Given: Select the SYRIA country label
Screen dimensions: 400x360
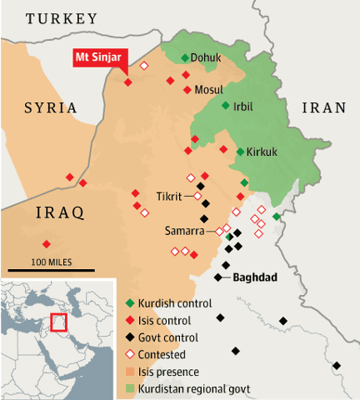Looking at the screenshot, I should click(x=50, y=107).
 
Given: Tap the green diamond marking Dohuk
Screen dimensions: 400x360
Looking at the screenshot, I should click(x=185, y=57).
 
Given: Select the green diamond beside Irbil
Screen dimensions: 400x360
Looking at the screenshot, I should click(x=225, y=105).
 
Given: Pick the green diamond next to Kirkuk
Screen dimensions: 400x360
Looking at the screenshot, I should click(x=240, y=152).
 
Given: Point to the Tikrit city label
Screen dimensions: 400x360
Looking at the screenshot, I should click(x=171, y=197).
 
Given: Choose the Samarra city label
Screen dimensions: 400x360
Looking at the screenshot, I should click(x=182, y=230).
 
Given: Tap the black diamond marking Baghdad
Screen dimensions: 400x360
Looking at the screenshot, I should click(x=218, y=277).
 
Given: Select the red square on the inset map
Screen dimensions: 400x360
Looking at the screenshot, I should click(x=58, y=322).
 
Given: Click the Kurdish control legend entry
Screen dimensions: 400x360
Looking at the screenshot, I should click(x=177, y=303).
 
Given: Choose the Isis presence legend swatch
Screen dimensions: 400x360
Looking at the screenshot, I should click(x=130, y=372).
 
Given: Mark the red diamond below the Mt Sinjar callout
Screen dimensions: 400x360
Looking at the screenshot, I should click(x=127, y=82).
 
